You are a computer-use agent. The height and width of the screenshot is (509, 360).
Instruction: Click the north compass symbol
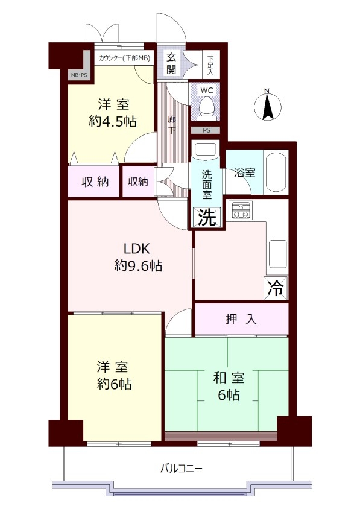pos(267,104)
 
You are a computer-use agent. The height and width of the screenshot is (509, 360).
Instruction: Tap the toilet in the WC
pos(206,106)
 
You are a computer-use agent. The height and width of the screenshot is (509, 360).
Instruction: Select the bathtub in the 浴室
pos(276,172)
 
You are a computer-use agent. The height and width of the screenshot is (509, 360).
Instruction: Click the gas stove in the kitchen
pos(240,210)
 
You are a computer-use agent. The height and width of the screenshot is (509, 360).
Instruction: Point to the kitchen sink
pos(277,253)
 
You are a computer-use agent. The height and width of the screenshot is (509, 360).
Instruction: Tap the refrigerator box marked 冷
pos(276,288)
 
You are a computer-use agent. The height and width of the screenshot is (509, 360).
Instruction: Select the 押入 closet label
pos(241,319)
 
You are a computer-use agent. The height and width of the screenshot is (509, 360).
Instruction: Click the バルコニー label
pos(182,469)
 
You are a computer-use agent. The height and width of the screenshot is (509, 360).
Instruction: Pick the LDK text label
pos(137,249)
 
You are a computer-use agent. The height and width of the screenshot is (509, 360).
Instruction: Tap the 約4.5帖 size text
pos(112,122)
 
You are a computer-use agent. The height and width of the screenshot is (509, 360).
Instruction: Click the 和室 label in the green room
pos(229,378)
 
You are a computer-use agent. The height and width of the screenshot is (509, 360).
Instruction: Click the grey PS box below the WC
pos(206,130)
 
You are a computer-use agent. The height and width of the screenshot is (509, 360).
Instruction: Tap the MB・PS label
pos(79,75)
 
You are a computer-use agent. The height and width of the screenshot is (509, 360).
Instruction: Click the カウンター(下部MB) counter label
pos(124,58)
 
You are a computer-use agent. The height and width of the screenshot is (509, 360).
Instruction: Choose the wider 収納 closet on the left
pos(94,182)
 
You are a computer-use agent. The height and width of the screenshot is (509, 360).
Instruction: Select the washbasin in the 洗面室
pos(205,150)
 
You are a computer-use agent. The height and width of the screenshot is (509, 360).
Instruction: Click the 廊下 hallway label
pos(172,125)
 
